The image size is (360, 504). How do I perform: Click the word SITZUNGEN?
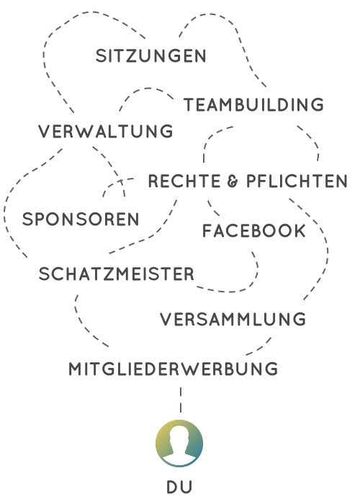[x=150, y=55]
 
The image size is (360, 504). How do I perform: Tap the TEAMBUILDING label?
[x=253, y=105]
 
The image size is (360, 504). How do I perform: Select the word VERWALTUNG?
[x=106, y=132]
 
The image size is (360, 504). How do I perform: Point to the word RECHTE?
[x=184, y=181]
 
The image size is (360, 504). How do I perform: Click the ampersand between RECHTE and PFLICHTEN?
[x=233, y=181]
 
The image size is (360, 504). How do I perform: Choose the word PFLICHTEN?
[x=297, y=181]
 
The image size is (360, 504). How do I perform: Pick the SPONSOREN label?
[x=81, y=219]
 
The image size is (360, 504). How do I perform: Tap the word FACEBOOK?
[x=254, y=231]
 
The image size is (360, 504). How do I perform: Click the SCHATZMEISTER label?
[x=117, y=274]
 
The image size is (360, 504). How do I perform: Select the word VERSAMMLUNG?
[x=233, y=319]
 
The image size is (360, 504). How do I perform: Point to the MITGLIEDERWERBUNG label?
[x=174, y=369]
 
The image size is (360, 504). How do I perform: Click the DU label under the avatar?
[x=179, y=487]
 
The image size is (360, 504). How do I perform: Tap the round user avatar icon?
[x=179, y=444]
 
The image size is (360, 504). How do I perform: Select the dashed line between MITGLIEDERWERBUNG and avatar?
[x=181, y=400]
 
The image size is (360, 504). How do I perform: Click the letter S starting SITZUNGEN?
[x=101, y=55]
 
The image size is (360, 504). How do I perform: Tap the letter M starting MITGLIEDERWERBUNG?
[x=75, y=369]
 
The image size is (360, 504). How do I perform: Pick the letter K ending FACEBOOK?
[x=300, y=231]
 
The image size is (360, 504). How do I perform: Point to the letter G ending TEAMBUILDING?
[x=318, y=105]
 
